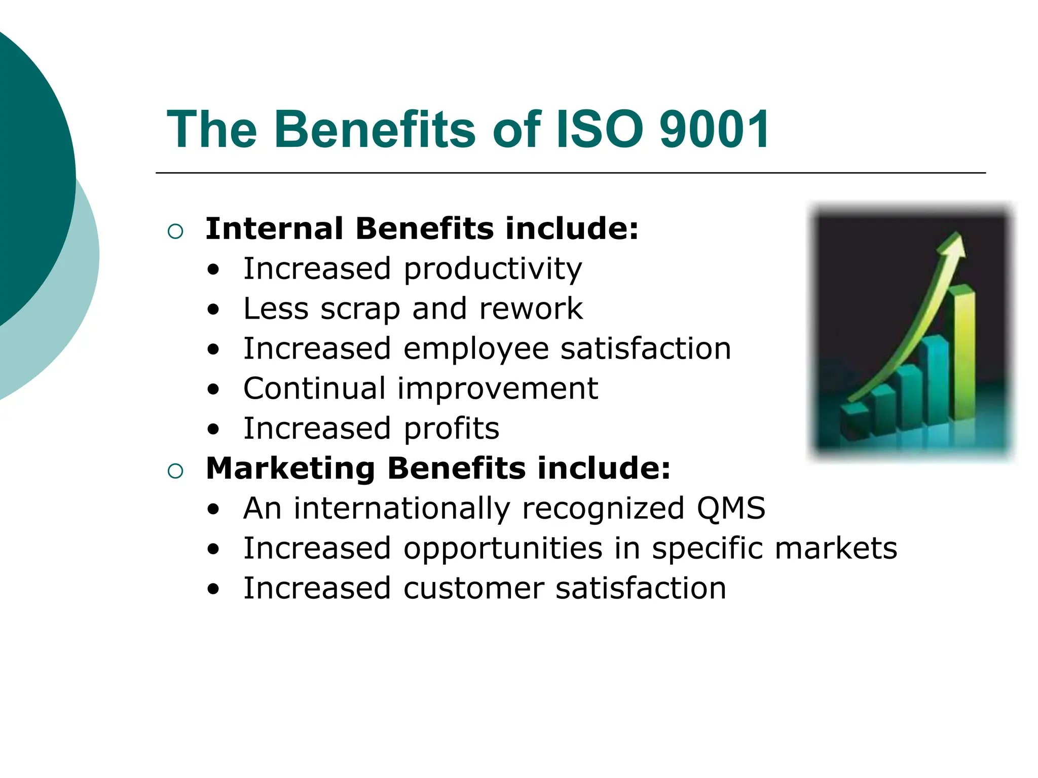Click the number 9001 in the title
tap(715, 130)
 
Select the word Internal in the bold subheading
tap(274, 228)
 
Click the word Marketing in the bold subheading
tap(290, 468)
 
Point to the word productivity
tap(493, 269)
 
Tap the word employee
tap(476, 349)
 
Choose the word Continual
tap(314, 388)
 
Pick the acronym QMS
tap(730, 508)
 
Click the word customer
tap(473, 589)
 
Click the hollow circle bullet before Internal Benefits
tap(175, 231)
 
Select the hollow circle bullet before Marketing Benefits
tap(175, 471)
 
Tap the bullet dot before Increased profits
tap(214, 430)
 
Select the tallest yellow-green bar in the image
tap(962, 355)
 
